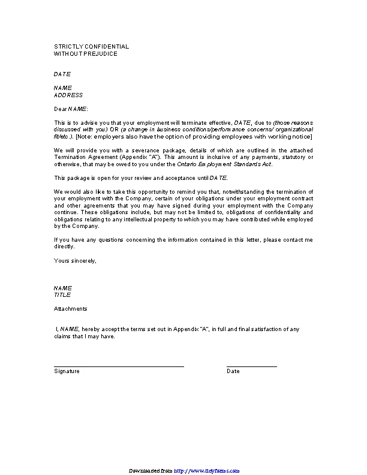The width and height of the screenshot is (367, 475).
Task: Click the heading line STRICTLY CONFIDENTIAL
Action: (x=91, y=46)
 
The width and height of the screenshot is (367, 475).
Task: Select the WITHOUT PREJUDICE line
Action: (x=85, y=53)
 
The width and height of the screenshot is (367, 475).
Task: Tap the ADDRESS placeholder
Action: (x=68, y=95)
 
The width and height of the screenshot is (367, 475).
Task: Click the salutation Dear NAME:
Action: (x=71, y=109)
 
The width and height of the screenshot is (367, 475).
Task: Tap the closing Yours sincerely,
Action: (x=75, y=260)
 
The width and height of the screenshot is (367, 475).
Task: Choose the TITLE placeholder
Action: (x=62, y=294)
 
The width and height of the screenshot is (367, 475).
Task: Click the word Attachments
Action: (x=70, y=308)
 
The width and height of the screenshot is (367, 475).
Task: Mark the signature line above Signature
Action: (x=119, y=366)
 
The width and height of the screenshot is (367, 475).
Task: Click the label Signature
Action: (x=67, y=371)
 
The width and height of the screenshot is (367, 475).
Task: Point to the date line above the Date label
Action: (x=252, y=366)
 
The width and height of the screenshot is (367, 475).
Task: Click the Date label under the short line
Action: (x=233, y=371)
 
